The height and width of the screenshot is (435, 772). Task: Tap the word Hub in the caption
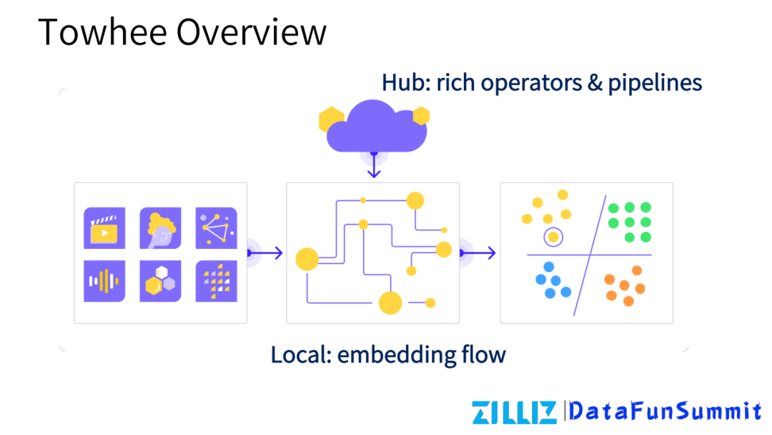pyautogui.click(x=398, y=82)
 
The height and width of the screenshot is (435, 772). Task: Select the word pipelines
pyautogui.click(x=655, y=84)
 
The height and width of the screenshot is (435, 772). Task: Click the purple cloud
pyautogui.click(x=375, y=127)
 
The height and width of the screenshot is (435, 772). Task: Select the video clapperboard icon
pyautogui.click(x=104, y=228)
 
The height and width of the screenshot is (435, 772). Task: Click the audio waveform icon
pyautogui.click(x=104, y=280)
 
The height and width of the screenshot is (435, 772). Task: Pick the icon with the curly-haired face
pyautogui.click(x=160, y=228)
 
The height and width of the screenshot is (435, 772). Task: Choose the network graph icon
pyautogui.click(x=216, y=228)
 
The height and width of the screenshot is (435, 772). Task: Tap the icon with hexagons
pyautogui.click(x=160, y=280)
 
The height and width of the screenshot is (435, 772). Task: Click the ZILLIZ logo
pyautogui.click(x=514, y=411)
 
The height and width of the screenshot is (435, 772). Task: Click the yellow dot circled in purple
pyautogui.click(x=553, y=237)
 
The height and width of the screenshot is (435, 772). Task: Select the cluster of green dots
pyautogui.click(x=630, y=222)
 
